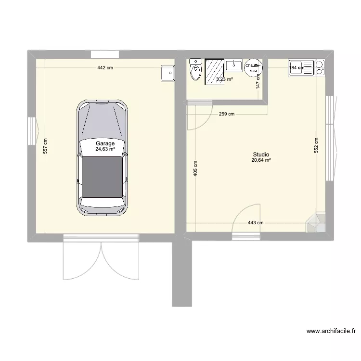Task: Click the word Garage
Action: tap(105, 143)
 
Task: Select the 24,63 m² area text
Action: tap(105, 149)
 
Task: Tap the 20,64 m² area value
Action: tap(260, 160)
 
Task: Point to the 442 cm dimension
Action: tap(105, 68)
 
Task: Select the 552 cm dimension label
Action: tap(316, 145)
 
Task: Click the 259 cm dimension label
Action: tap(226, 114)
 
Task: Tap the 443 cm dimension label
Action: tap(256, 223)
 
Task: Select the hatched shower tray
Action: tap(214, 72)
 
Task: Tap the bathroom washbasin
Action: tap(236, 65)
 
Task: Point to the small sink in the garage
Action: tap(168, 73)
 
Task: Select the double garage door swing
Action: tap(101, 260)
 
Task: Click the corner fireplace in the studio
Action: tap(316, 222)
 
